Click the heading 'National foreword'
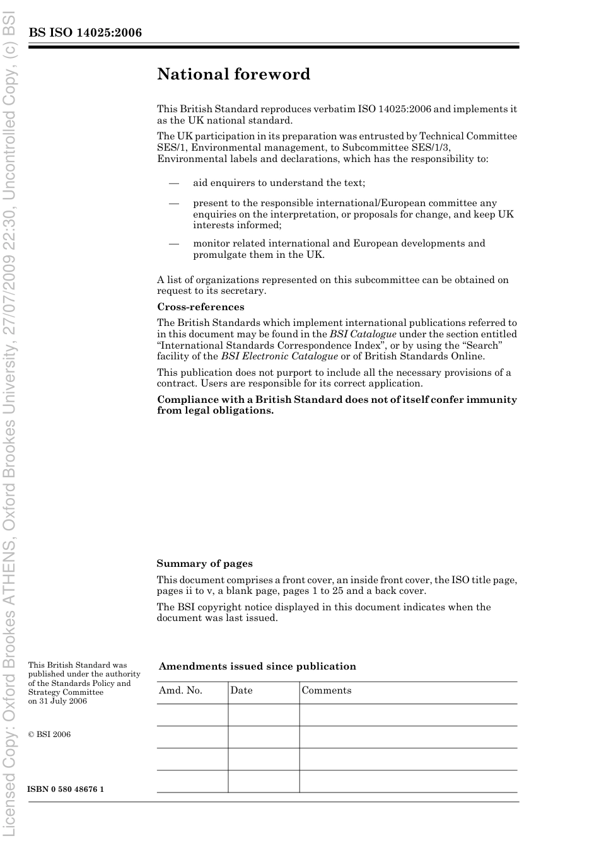click(233, 74)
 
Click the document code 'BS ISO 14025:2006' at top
click(85, 33)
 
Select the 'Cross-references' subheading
click(201, 307)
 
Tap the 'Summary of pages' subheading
click(204, 564)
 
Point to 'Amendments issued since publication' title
click(257, 666)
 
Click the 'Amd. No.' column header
click(181, 690)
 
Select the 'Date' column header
click(241, 690)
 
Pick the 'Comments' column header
click(327, 690)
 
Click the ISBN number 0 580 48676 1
click(66, 789)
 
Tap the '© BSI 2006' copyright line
click(49, 735)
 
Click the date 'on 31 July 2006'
click(57, 701)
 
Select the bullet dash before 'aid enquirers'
click(173, 183)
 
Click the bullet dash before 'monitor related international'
click(173, 243)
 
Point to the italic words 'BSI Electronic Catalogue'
click(279, 356)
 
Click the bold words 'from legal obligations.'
click(216, 410)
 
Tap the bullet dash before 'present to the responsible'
click(173, 204)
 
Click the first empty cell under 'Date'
click(264, 715)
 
